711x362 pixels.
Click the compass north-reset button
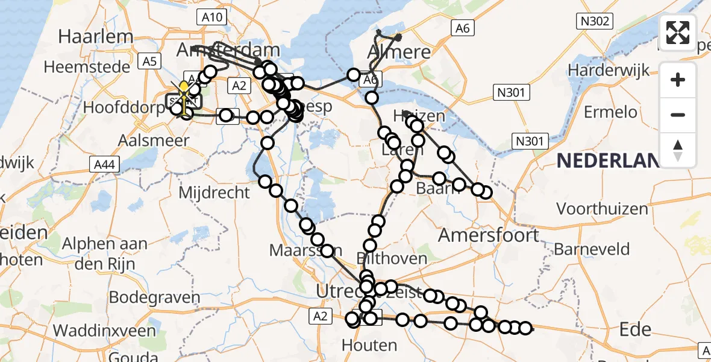678,150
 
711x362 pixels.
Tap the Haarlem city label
95,36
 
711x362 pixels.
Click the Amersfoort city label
488,234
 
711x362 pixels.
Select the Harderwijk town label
609,71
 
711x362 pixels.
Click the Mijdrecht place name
215,193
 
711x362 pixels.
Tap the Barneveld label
592,249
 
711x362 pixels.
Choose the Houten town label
369,345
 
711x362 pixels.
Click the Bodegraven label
154,297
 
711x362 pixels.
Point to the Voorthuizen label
602,209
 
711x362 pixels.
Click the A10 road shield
211,17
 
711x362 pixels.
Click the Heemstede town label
87,66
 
